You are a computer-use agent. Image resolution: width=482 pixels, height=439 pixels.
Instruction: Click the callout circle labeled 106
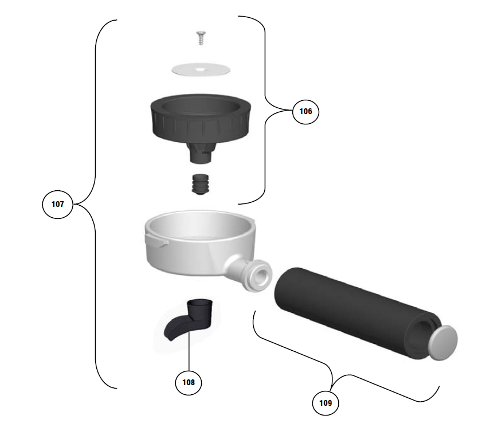tap(305, 112)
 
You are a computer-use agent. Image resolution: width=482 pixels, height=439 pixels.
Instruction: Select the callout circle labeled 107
tap(57, 204)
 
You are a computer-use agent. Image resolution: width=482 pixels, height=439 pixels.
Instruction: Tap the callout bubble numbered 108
tap(188, 382)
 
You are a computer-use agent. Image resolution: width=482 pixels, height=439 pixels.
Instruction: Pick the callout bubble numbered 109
tap(325, 403)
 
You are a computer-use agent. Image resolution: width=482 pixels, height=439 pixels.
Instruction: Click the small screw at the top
tap(201, 40)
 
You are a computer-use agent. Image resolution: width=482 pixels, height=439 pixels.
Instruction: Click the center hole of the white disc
tap(199, 70)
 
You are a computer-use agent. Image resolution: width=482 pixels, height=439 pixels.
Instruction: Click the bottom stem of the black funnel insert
tap(200, 153)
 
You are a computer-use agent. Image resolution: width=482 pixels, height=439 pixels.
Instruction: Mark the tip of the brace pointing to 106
tap(290, 110)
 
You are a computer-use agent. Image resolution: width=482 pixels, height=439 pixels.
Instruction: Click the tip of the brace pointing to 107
tap(74, 204)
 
